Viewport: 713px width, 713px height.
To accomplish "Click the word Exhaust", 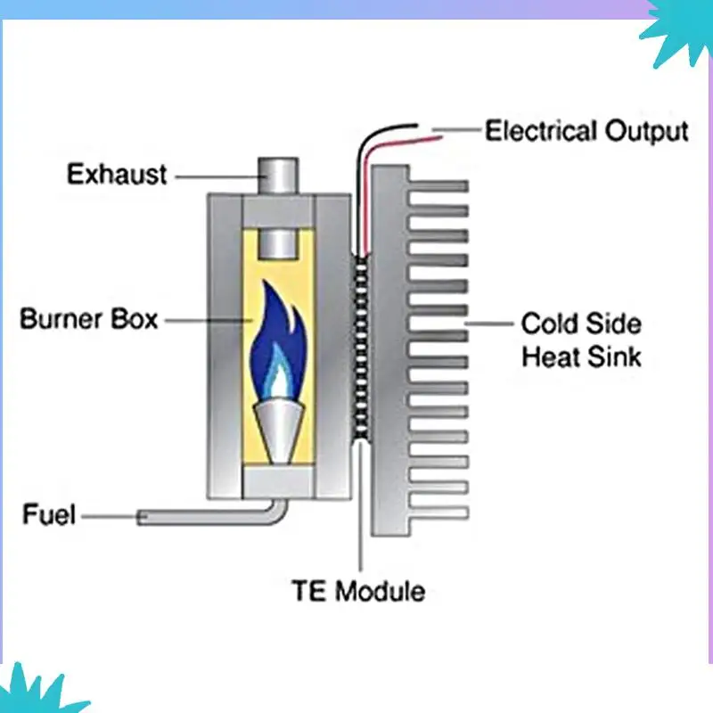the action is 117,174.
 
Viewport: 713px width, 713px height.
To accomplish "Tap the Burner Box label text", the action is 88,319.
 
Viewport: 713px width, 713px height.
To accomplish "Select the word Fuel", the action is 49,514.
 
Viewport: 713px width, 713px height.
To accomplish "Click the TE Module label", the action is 358,591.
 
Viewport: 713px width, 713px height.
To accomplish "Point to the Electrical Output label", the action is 586,131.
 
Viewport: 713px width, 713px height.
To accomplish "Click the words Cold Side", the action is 581,324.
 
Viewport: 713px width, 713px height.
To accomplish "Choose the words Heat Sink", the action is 581,356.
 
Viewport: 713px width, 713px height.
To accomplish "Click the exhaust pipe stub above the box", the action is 278,176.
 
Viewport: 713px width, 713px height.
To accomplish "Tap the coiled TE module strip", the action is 361,348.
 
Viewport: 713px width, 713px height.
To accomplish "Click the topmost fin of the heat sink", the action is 438,186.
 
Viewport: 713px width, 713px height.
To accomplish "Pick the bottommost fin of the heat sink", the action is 438,513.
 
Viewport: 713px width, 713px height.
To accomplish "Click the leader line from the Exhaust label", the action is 217,177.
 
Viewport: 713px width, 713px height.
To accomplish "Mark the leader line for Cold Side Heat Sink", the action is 488,324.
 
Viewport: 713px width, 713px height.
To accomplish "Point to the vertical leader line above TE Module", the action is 361,506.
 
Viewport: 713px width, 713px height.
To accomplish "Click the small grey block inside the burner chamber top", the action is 278,244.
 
